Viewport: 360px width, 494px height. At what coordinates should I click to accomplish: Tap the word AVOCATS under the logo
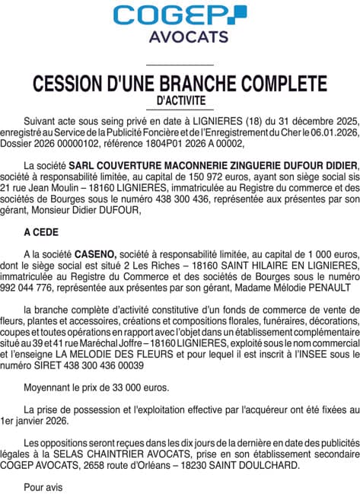[180, 37]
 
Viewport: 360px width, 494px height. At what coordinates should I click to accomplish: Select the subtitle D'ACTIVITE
[180, 99]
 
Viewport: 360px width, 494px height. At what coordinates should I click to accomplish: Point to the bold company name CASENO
[95, 252]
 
